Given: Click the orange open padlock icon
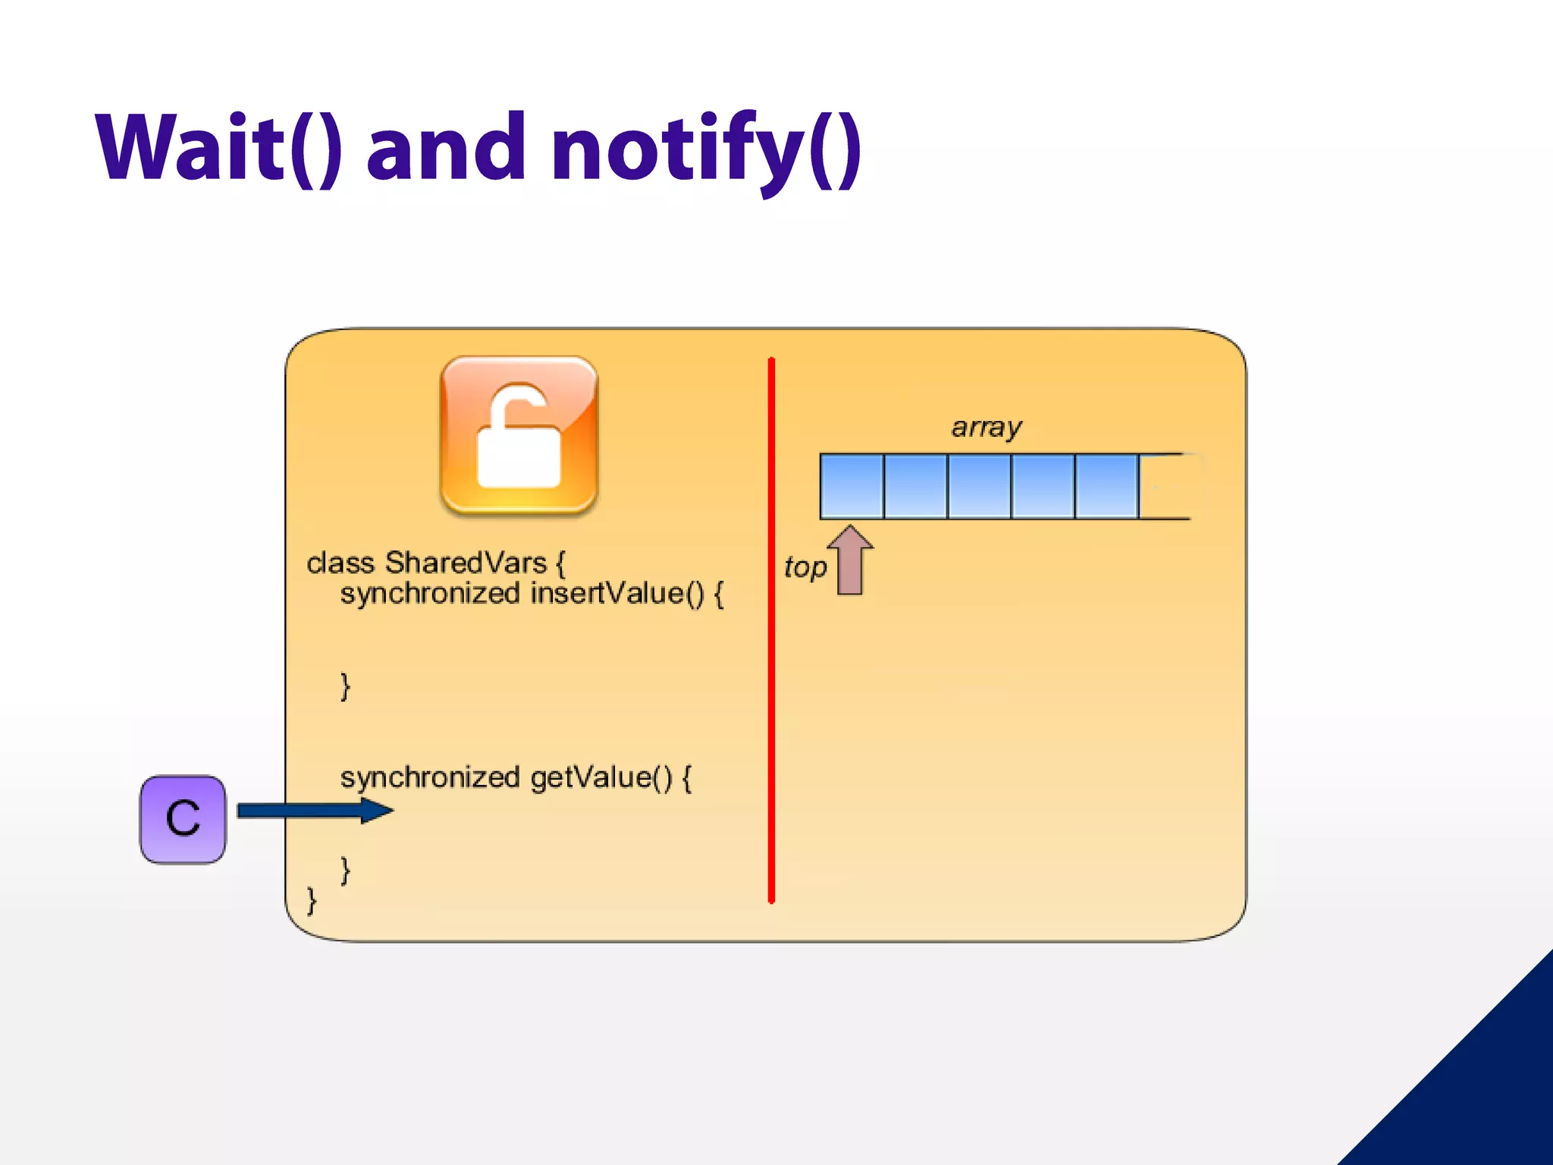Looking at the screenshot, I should pos(519,436).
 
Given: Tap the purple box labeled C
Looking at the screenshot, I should pos(183,819).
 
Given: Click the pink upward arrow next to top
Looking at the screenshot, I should pos(850,561).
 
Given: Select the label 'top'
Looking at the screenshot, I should pos(805,567).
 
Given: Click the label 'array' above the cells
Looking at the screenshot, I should pos(986,427).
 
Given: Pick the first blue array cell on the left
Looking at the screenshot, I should pos(852,486).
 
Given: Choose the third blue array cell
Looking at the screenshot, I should pos(979,486).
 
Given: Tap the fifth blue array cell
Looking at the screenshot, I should pos(1106,486).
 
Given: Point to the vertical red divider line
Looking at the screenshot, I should pos(771,630).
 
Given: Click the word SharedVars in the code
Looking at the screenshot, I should pos(466,563).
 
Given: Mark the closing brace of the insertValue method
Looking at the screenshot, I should pos(346,686).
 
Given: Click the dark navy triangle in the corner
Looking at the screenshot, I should pos(1479,1092).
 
